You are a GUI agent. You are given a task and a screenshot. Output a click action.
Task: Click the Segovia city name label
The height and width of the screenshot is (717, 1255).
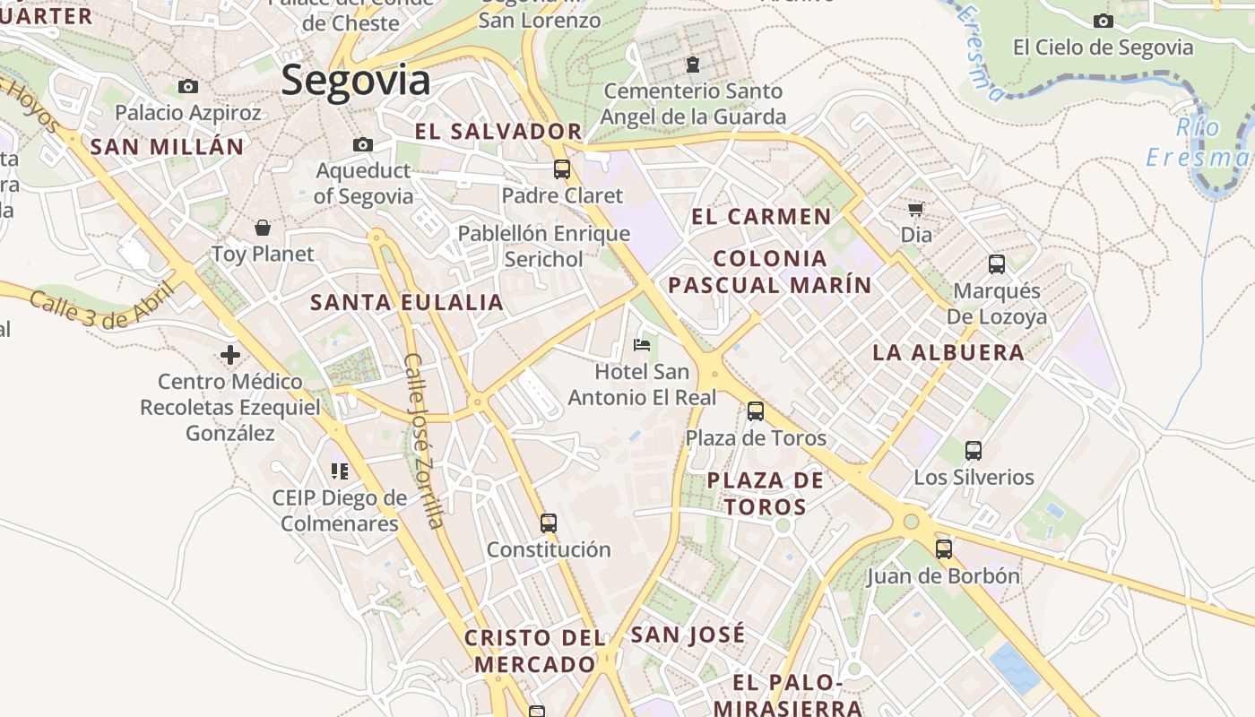(x=356, y=81)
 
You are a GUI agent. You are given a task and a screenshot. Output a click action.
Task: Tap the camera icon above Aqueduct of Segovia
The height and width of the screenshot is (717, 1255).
(x=363, y=144)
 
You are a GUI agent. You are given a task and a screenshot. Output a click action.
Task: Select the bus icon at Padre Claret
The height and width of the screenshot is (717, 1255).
(x=562, y=168)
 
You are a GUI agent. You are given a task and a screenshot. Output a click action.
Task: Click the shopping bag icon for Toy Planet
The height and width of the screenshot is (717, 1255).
(x=263, y=228)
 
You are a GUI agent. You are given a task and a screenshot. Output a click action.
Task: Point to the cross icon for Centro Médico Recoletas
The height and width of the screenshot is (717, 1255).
(x=230, y=355)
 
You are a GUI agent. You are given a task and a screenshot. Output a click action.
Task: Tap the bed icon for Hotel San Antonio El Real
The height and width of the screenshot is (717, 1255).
(x=642, y=344)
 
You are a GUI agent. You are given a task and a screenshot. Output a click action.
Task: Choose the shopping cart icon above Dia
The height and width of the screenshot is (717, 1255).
(x=915, y=209)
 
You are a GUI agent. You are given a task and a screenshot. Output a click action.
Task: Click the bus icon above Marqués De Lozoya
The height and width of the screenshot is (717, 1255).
(x=996, y=264)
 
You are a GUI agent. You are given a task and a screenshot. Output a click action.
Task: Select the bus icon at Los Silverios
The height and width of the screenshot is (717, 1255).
(x=974, y=451)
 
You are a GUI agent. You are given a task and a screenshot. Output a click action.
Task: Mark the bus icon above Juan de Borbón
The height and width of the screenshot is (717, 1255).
(x=943, y=549)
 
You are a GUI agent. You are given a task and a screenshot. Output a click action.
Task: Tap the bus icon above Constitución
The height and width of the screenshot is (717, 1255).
(x=549, y=523)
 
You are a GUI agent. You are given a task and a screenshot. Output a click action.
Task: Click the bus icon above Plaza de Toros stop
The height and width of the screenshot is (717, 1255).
(x=756, y=411)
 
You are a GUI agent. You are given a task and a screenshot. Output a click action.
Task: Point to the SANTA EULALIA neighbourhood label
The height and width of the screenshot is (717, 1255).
(x=407, y=302)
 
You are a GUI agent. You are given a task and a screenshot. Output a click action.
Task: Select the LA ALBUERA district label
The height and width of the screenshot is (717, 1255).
(x=948, y=352)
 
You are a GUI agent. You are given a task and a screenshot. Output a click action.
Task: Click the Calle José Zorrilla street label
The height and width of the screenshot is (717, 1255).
(x=424, y=440)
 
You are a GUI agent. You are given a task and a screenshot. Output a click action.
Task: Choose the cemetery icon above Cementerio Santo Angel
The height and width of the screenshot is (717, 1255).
(x=693, y=65)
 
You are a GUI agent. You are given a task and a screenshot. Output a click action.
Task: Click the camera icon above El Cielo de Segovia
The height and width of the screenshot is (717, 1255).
(x=1104, y=21)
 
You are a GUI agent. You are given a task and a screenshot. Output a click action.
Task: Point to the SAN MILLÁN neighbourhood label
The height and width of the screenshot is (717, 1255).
(x=168, y=147)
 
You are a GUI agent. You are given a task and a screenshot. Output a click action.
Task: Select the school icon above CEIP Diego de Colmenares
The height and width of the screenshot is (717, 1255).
(x=339, y=471)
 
